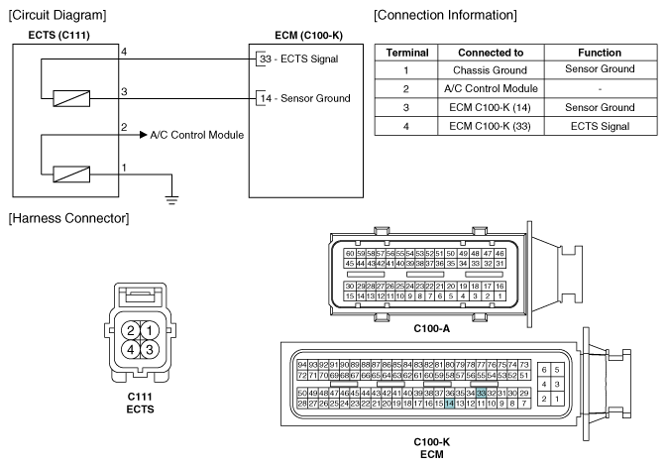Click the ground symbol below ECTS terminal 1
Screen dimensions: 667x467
coord(171,199)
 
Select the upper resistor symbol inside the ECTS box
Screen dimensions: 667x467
coord(71,98)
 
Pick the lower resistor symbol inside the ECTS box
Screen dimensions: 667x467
coord(71,175)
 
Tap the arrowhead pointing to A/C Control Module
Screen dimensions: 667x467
coord(144,135)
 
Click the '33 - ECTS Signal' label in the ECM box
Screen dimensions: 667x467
coord(299,58)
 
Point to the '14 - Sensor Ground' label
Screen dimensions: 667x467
coord(305,98)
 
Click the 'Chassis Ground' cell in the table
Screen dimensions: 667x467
coord(490,69)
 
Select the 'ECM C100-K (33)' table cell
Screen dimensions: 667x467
coord(490,126)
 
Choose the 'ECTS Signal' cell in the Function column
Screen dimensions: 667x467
coord(600,126)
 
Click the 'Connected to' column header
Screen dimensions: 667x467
coord(491,53)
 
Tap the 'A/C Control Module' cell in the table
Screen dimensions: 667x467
coord(491,88)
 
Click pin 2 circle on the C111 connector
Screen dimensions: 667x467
coord(131,331)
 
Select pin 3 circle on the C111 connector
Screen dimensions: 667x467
coord(150,349)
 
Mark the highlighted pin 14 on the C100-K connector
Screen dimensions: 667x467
coord(449,404)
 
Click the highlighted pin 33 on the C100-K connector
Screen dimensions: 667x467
coord(481,393)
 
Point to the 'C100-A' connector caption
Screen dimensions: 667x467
coord(431,328)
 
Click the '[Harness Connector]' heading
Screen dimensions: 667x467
coord(69,218)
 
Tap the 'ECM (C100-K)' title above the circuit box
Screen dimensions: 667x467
coord(308,35)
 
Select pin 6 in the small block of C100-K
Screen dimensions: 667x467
coord(544,370)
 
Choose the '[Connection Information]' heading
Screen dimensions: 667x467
coord(445,15)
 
